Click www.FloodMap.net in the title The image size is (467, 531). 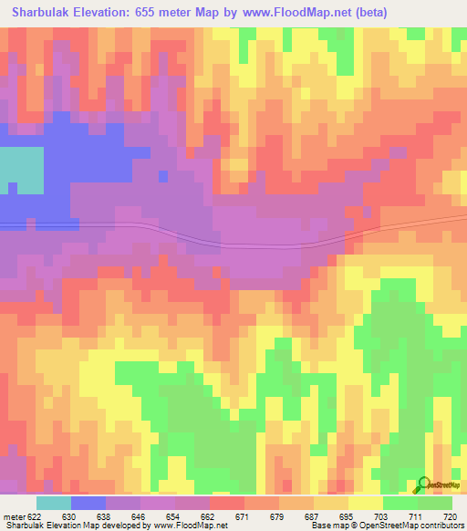(x=300, y=12)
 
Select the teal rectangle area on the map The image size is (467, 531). (x=21, y=170)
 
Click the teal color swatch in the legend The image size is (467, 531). (x=54, y=503)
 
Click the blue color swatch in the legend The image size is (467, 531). (x=88, y=503)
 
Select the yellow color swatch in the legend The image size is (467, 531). (x=366, y=503)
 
